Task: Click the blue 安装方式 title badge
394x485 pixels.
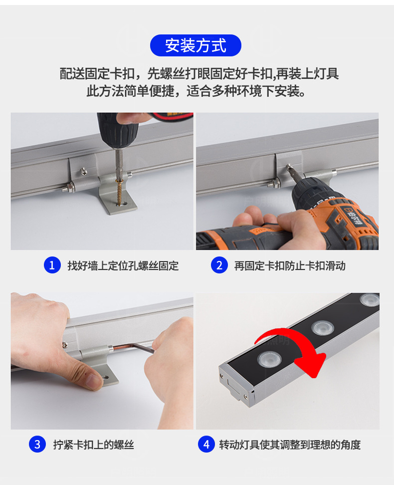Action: (x=196, y=45)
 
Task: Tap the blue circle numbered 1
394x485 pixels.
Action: (x=52, y=265)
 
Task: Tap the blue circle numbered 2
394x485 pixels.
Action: (x=219, y=265)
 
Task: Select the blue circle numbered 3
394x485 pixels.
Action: (x=37, y=444)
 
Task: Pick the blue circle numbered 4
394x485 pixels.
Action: (x=206, y=444)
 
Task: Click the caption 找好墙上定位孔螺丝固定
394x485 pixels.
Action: (x=123, y=265)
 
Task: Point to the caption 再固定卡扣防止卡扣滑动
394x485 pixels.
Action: (x=290, y=265)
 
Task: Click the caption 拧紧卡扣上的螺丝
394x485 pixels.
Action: (x=93, y=445)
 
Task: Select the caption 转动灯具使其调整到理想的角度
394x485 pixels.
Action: (x=290, y=445)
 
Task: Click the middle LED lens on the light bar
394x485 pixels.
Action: (x=323, y=328)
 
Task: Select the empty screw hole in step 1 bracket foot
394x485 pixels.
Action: (x=125, y=204)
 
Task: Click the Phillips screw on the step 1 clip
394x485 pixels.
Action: (x=84, y=171)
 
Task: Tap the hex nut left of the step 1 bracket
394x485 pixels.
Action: (x=71, y=188)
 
